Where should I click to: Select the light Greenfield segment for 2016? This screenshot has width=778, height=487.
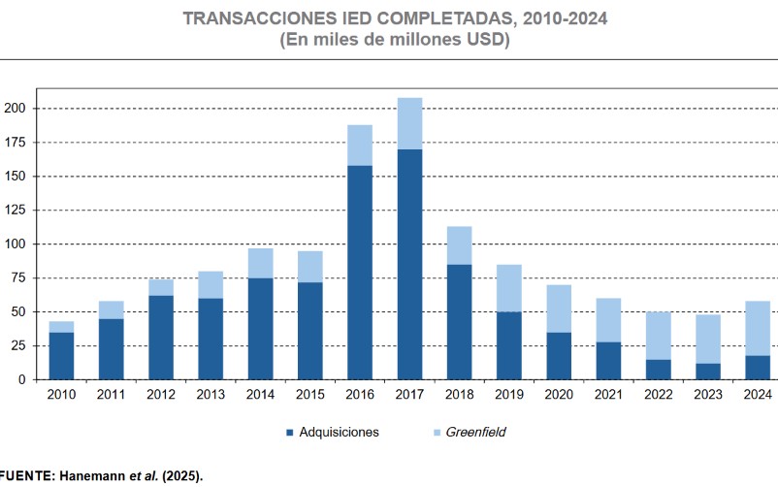(x=360, y=146)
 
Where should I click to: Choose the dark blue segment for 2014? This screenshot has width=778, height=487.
(x=260, y=328)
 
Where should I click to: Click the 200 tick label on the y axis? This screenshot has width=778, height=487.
(x=15, y=109)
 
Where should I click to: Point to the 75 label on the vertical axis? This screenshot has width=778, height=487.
(x=18, y=278)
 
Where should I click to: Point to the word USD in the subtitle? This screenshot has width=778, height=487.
(x=477, y=41)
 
